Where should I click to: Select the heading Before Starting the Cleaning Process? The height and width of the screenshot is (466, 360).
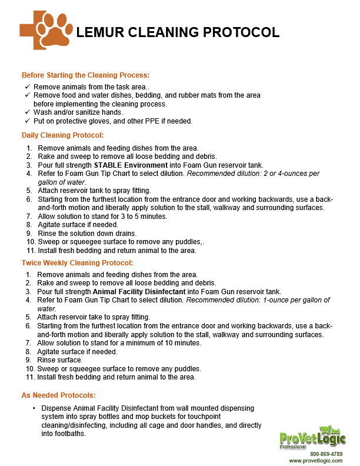(85, 75)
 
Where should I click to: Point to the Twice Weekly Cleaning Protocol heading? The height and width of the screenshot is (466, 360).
(77, 262)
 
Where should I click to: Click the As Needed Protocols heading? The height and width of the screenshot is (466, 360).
(59, 395)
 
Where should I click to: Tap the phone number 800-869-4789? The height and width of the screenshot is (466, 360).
(326, 454)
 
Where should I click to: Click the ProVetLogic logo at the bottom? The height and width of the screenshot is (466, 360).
(312, 439)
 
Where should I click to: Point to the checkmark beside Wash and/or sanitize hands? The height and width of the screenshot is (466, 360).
(28, 112)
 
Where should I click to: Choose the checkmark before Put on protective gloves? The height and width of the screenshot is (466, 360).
(28, 121)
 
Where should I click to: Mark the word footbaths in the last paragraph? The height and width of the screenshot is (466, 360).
(71, 434)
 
